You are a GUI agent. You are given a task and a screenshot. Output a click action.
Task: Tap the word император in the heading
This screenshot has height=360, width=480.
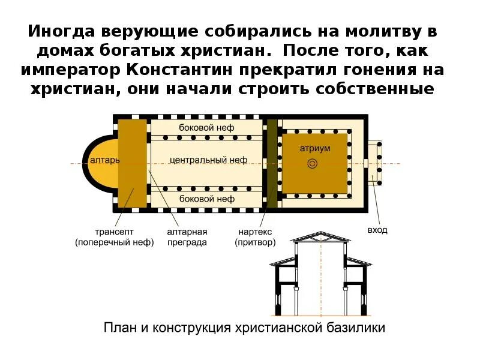click(71, 70)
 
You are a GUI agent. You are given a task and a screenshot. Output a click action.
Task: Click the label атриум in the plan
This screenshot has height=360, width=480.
click(316, 148)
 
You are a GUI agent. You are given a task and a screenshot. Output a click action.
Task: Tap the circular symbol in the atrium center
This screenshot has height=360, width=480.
click(311, 163)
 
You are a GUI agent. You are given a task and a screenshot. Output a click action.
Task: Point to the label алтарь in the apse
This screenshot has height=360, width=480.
click(104, 160)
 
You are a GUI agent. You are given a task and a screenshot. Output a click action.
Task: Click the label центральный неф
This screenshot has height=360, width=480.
click(208, 160)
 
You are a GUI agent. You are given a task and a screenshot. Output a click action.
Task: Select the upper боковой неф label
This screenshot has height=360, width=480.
click(206, 127)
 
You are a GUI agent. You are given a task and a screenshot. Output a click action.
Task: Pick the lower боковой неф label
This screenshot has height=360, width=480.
click(206, 198)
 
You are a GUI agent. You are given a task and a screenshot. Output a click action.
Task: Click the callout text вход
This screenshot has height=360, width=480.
click(377, 230)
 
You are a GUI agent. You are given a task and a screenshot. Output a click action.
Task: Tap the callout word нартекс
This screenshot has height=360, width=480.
click(256, 231)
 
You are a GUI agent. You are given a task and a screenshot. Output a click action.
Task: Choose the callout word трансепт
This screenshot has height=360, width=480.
click(114, 231)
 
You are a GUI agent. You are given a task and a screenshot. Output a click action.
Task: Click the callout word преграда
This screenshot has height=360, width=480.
click(188, 242)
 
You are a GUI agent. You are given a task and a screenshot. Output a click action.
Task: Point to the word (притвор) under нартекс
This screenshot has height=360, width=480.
click(256, 242)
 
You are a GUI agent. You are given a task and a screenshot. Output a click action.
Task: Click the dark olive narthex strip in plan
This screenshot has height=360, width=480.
click(272, 163)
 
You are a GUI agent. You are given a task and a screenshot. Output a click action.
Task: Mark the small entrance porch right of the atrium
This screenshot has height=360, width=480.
click(375, 162)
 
